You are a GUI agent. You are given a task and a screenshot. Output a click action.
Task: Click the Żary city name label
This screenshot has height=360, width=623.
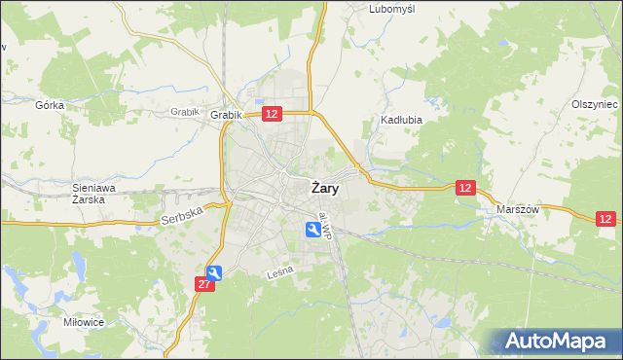(x=325, y=189)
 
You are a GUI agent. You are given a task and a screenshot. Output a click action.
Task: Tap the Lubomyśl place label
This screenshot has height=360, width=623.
(x=392, y=9)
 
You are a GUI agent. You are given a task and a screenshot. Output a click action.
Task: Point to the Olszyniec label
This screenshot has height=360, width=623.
(x=595, y=104)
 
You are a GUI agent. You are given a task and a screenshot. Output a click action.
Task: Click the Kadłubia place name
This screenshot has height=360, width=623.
(x=398, y=122)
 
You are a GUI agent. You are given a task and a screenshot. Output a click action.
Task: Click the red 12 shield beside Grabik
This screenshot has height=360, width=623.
(x=272, y=114)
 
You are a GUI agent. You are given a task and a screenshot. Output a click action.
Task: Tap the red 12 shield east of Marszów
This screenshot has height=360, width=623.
(x=606, y=220)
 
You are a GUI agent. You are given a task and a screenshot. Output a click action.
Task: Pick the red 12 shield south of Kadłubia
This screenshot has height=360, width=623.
(x=466, y=188)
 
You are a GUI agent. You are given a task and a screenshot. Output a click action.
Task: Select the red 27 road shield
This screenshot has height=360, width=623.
(x=203, y=284)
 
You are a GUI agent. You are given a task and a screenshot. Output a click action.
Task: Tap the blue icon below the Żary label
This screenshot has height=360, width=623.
(x=312, y=229)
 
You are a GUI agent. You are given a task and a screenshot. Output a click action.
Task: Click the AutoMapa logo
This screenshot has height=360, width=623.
(x=556, y=341)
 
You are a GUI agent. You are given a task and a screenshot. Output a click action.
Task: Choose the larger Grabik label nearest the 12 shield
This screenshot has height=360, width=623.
(x=226, y=115)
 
